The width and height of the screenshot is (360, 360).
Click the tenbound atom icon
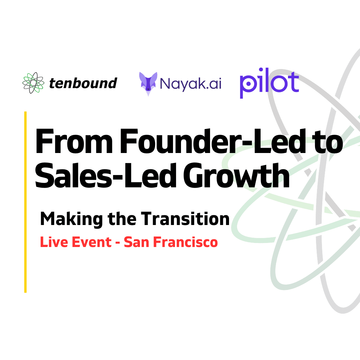click(x=33, y=83)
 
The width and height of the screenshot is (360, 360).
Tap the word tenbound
click(x=83, y=83)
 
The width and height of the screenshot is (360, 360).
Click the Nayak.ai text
click(x=191, y=84)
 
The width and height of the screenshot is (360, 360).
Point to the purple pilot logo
click(x=269, y=83)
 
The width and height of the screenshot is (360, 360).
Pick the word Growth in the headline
click(x=236, y=175)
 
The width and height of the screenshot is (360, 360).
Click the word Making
click(x=71, y=219)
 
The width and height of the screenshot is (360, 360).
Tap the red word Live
click(x=54, y=242)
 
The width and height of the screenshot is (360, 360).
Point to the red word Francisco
click(x=185, y=242)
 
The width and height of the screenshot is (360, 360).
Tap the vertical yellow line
click(x=25, y=202)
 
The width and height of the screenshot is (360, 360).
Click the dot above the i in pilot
click(x=261, y=70)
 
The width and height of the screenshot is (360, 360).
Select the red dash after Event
click(x=118, y=243)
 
